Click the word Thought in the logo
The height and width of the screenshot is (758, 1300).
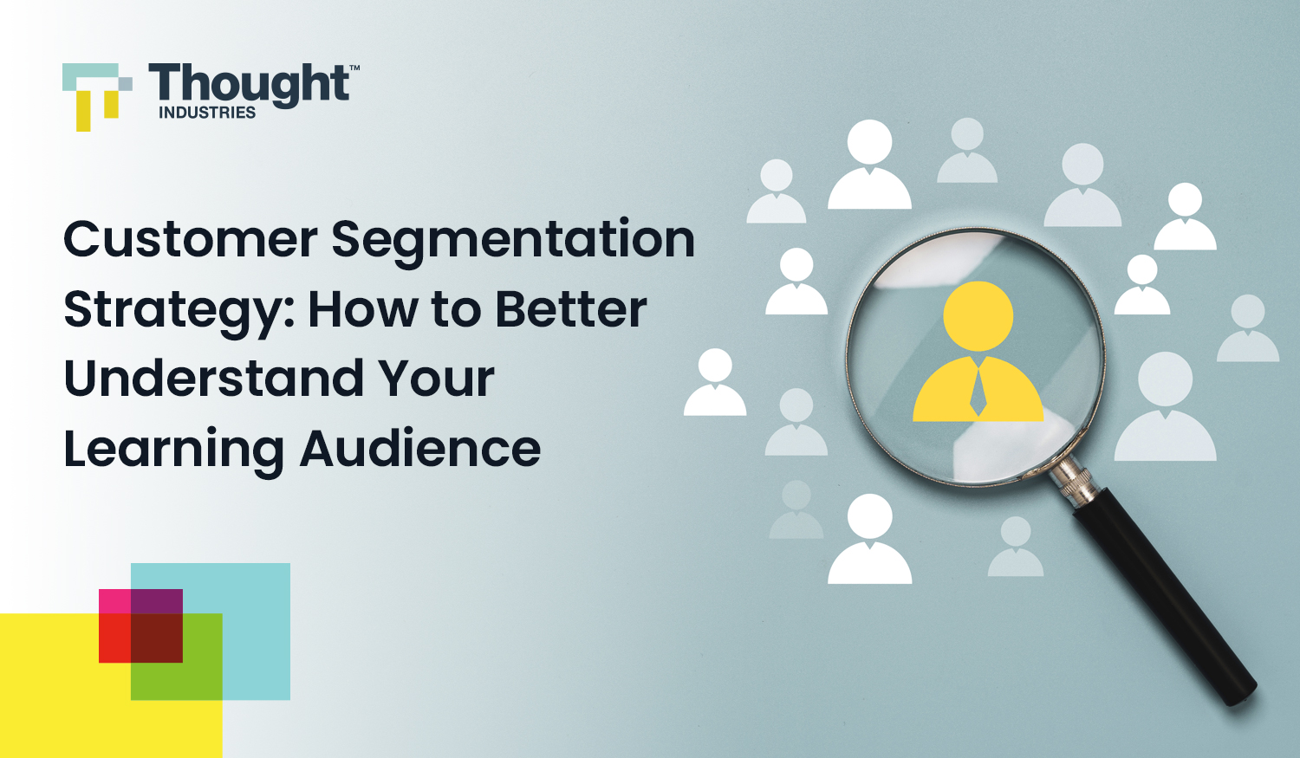pos(249,85)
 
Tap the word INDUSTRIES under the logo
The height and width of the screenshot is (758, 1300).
pos(207,113)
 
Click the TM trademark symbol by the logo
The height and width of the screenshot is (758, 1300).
pos(354,68)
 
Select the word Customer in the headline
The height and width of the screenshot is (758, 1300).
pos(191,238)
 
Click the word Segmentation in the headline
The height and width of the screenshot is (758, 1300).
pos(513,243)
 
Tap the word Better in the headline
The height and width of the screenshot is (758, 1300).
pos(571,308)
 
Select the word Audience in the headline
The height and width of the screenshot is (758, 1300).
pos(420,448)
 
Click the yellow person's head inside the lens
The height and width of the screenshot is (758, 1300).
pos(978,316)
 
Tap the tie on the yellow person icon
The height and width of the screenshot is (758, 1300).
pos(978,392)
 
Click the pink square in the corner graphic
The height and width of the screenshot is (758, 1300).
pos(114,601)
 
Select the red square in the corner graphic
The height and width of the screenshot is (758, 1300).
pos(114,638)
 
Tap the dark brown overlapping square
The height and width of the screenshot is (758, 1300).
pos(157,638)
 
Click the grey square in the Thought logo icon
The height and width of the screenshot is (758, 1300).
pos(126,84)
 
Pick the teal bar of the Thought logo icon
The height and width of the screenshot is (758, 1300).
pos(90,77)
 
